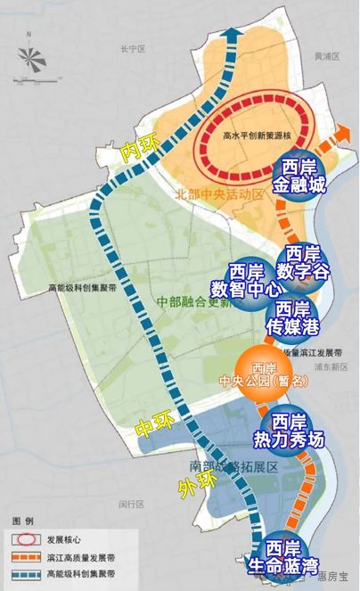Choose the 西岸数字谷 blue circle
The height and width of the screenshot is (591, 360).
click(x=305, y=260)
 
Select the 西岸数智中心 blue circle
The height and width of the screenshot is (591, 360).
click(x=246, y=280)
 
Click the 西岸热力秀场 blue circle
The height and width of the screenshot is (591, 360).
click(x=291, y=430)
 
